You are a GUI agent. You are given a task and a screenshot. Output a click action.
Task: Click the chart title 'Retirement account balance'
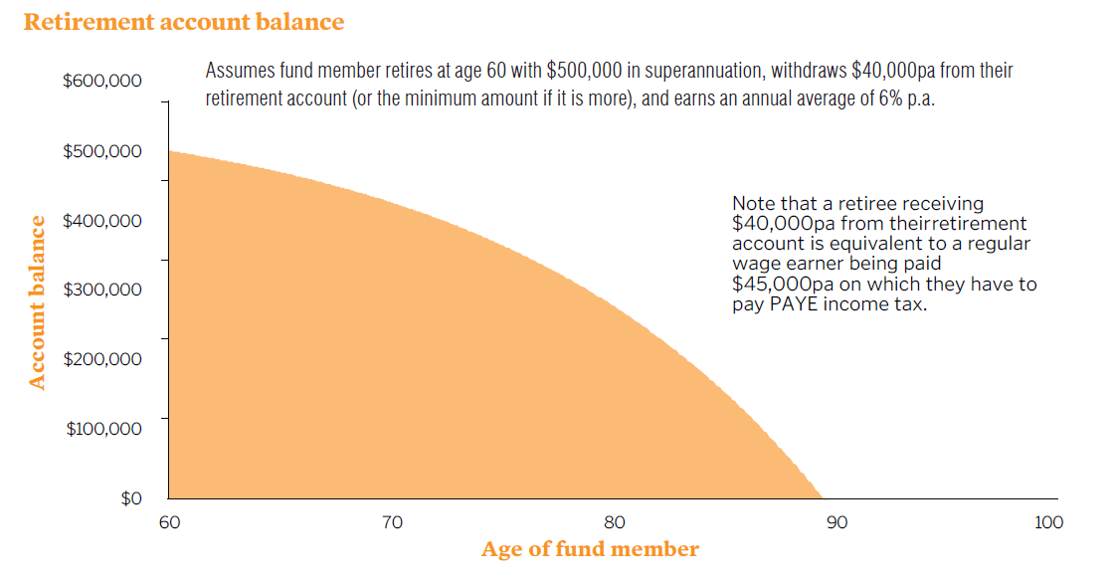184,22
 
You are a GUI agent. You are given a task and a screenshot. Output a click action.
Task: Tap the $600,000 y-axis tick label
101,81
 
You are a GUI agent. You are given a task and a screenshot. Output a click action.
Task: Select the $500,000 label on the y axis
101,151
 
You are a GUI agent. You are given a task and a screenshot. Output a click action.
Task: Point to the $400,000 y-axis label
101,221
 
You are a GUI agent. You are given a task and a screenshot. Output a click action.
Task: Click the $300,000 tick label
101,289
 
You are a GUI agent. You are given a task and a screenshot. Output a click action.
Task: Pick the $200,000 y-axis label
101,358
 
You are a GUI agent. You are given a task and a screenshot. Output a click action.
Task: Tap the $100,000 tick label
103,428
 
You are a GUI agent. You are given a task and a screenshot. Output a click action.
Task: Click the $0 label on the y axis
131,497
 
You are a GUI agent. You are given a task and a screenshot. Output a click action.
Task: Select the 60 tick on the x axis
170,522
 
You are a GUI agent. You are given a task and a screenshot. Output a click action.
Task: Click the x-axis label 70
392,522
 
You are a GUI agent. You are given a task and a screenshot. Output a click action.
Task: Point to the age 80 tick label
615,522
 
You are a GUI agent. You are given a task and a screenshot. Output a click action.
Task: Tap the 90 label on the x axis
836,522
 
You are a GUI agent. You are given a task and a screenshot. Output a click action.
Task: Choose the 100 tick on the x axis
1048,522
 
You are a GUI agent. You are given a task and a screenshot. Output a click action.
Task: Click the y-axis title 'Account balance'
38,301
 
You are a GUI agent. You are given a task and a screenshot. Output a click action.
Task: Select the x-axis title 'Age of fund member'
590,549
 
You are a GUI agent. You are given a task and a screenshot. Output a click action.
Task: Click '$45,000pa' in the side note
781,285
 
